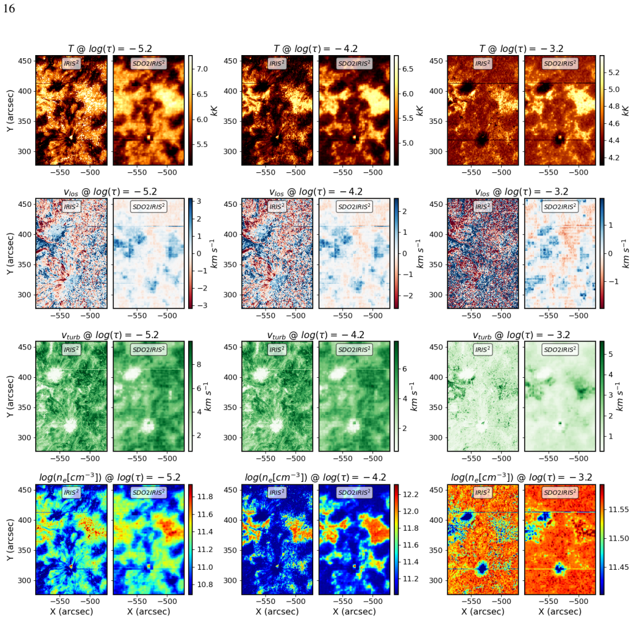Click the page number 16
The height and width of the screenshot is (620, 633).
tap(9, 9)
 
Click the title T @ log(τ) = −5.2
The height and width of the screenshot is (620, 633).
tap(110, 49)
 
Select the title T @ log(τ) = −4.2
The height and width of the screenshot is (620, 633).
tap(316, 49)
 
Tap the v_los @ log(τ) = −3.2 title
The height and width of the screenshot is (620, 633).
tap(521, 192)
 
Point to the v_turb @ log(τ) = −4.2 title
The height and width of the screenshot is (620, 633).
tap(316, 335)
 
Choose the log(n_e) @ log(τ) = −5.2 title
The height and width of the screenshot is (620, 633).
tap(110, 478)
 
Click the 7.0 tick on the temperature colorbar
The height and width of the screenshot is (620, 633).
tap(202, 69)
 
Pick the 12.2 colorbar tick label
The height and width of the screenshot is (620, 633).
tap(411, 495)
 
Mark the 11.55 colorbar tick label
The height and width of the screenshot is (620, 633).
tap(619, 510)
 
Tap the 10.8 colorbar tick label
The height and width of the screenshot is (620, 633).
tap(205, 585)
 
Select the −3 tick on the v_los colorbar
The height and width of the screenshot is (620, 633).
tap(202, 305)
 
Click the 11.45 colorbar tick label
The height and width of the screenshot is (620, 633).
tap(619, 567)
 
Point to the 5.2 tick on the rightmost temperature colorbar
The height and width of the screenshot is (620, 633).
tap(614, 72)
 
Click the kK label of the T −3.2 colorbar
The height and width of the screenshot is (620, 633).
tap(626, 110)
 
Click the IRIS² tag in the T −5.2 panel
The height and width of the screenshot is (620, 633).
tap(71, 63)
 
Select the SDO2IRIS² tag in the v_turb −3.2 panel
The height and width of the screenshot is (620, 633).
tap(559, 349)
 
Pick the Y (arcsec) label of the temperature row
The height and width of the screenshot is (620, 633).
tap(10, 110)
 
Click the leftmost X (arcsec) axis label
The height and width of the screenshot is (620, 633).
tap(71, 611)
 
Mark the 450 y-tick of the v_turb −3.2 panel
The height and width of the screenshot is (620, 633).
tap(436, 347)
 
